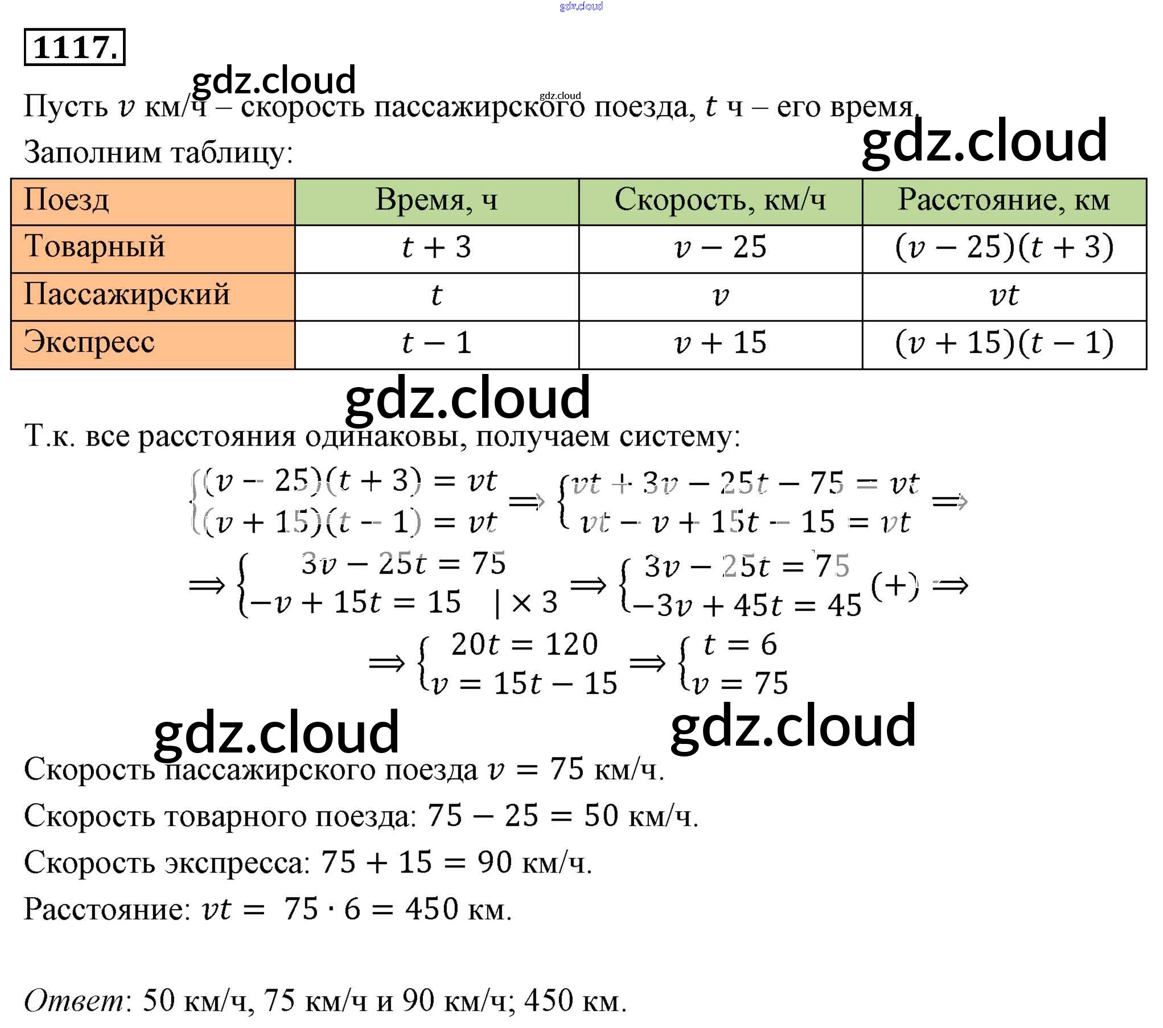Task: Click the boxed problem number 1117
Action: [x=74, y=47]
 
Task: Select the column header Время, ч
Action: [x=436, y=200]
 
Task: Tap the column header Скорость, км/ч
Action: [x=720, y=200]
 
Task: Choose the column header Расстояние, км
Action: [x=1004, y=200]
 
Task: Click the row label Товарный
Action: [x=94, y=247]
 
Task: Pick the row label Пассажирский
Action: [x=126, y=295]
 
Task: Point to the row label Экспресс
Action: [x=89, y=343]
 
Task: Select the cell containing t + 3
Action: [x=436, y=248]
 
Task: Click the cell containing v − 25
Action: [x=720, y=248]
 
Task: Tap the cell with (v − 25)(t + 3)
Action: [x=1004, y=248]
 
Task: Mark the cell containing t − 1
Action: [x=436, y=343]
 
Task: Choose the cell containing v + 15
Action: [x=720, y=343]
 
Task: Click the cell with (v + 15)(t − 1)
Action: [x=1004, y=343]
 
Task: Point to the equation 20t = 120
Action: [x=524, y=645]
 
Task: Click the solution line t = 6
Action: [x=740, y=645]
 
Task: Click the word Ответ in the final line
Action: [x=74, y=1001]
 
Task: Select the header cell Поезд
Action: [x=66, y=200]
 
